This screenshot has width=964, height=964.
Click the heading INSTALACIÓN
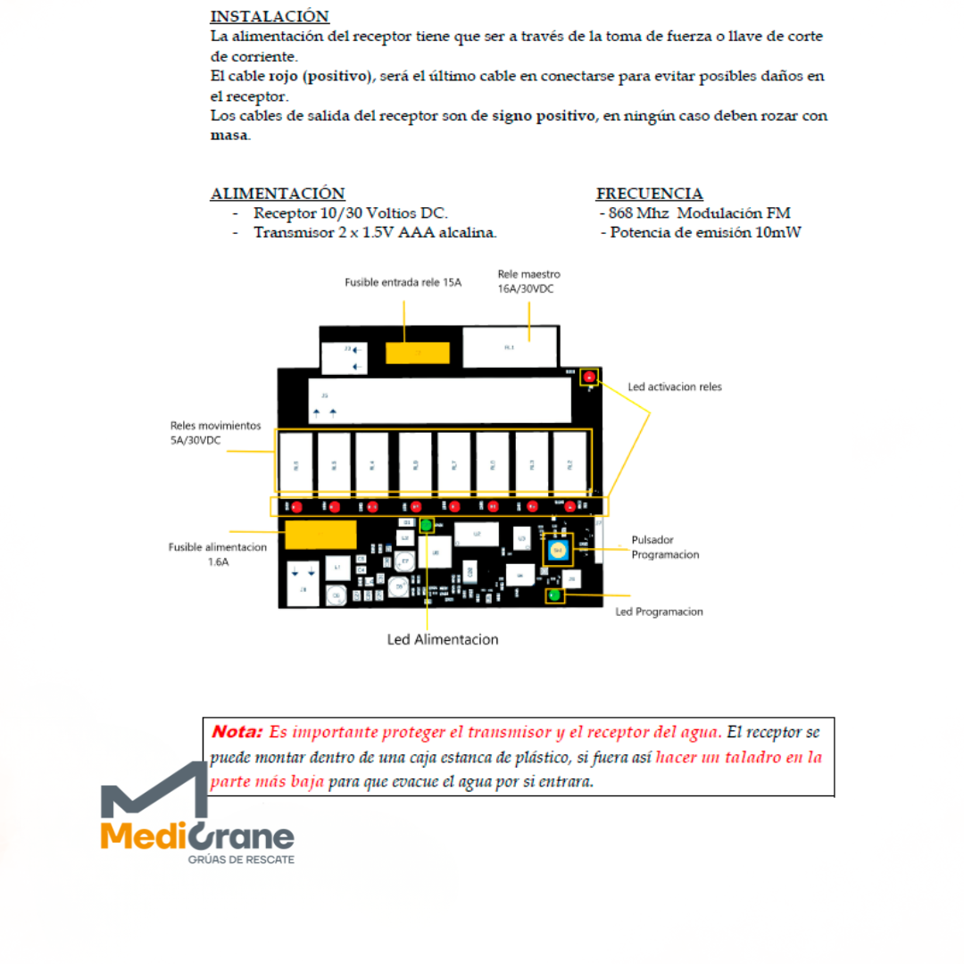pyautogui.click(x=270, y=17)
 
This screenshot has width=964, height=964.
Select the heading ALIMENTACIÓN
pyautogui.click(x=278, y=194)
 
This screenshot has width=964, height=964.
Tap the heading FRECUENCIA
pyautogui.click(x=649, y=194)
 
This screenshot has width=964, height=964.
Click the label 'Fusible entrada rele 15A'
pyautogui.click(x=403, y=282)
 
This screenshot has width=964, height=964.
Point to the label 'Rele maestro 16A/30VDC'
pyautogui.click(x=529, y=281)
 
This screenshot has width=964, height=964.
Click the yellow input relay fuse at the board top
pyautogui.click(x=417, y=352)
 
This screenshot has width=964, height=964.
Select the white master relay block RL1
pyautogui.click(x=509, y=347)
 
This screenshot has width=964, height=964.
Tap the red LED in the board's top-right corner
pyautogui.click(x=589, y=378)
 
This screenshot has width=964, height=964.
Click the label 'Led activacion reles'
pyautogui.click(x=675, y=387)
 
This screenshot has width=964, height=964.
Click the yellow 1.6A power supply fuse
pyautogui.click(x=320, y=535)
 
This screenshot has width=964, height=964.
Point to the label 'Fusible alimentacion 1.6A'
pyautogui.click(x=218, y=554)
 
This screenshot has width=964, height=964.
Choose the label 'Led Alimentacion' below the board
pyautogui.click(x=443, y=639)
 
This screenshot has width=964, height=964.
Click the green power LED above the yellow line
pyautogui.click(x=428, y=525)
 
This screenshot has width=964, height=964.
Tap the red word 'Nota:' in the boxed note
pyautogui.click(x=237, y=732)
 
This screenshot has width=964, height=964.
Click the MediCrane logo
pyautogui.click(x=197, y=816)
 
